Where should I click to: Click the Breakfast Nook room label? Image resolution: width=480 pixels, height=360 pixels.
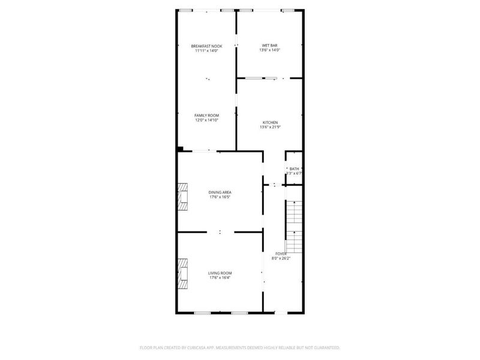[x=206, y=46]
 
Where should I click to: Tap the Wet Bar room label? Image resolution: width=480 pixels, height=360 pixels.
[x=270, y=46]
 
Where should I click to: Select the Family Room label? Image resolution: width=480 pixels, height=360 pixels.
[x=206, y=115]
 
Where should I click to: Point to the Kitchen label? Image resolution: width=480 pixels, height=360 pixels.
[x=270, y=122]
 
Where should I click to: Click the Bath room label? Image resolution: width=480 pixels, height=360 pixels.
[x=294, y=169]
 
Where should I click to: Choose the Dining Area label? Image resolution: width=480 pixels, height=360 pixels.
[x=220, y=192]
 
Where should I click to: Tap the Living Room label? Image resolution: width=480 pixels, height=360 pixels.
[x=220, y=273]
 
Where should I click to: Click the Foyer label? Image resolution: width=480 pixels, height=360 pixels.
[x=281, y=254]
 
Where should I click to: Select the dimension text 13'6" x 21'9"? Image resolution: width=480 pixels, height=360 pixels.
[x=270, y=127]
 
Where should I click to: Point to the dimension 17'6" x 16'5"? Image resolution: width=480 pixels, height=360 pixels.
[x=220, y=197]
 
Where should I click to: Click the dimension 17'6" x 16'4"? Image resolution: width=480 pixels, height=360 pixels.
[x=220, y=278]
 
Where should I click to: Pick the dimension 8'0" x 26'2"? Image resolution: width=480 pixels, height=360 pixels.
[x=281, y=259]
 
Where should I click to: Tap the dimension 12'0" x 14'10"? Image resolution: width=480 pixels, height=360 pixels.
[x=206, y=120]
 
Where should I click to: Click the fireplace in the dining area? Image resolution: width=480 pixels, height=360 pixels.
[x=182, y=196]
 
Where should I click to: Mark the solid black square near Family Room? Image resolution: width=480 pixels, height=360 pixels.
[x=180, y=149]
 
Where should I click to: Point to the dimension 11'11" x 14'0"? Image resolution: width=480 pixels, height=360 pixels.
[x=206, y=51]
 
